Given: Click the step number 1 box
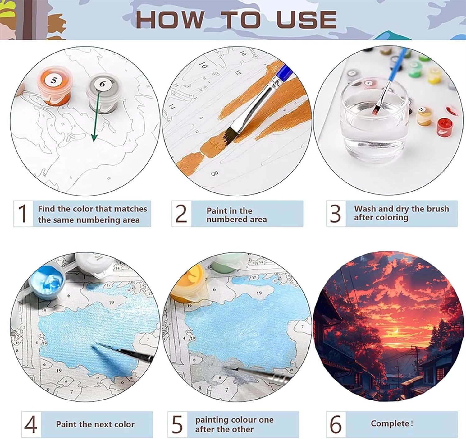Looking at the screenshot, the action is pos(23,214).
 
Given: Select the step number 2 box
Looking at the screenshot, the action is pos(181,214).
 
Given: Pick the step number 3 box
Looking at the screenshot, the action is pos(336,214).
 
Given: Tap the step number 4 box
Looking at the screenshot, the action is pos(31,424).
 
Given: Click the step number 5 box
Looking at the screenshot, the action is pos(177,424).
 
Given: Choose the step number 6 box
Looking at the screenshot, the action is pos(336,424).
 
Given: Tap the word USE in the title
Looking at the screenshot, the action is pos(307,20).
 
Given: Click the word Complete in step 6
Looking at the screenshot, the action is pos(390,423).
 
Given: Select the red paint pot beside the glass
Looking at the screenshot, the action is pos(445,127).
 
